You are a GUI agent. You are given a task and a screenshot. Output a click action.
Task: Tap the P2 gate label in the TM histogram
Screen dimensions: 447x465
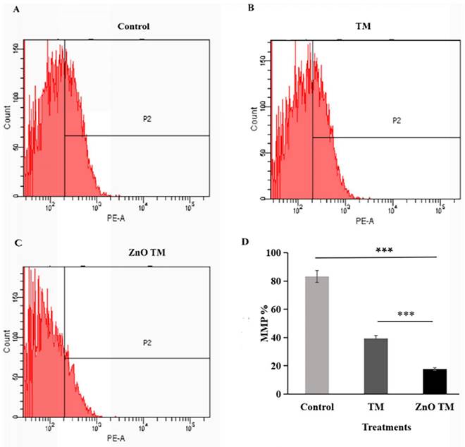click(x=397, y=121)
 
